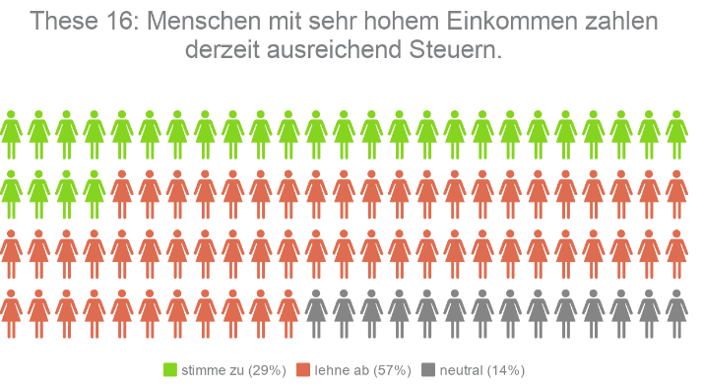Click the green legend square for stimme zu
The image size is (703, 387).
(169, 370)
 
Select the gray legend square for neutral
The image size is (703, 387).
(427, 370)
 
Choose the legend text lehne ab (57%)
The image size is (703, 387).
(362, 370)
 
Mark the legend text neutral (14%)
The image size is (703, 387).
(482, 370)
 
